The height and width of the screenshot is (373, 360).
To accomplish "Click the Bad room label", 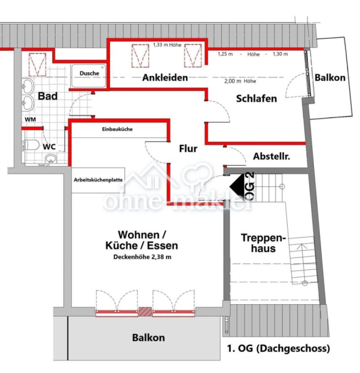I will (47, 96).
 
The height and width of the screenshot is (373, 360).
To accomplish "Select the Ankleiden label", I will (165, 78).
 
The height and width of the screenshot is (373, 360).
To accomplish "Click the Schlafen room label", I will (256, 98).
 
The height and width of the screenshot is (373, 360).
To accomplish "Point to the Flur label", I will (188, 149).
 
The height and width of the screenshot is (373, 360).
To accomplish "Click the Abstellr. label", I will (271, 157).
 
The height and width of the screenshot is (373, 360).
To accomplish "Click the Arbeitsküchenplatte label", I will (98, 180).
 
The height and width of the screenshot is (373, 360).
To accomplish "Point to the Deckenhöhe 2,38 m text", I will (142, 258).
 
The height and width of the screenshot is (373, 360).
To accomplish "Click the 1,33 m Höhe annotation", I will (166, 45).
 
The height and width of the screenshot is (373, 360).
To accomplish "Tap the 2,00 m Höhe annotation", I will (240, 81).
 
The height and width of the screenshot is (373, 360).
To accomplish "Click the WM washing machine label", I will (30, 120).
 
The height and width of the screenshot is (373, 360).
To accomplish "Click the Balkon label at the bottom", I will (148, 337).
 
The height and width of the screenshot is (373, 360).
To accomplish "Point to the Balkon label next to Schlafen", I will (330, 78).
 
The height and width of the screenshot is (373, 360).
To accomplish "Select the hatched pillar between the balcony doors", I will (145, 311).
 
